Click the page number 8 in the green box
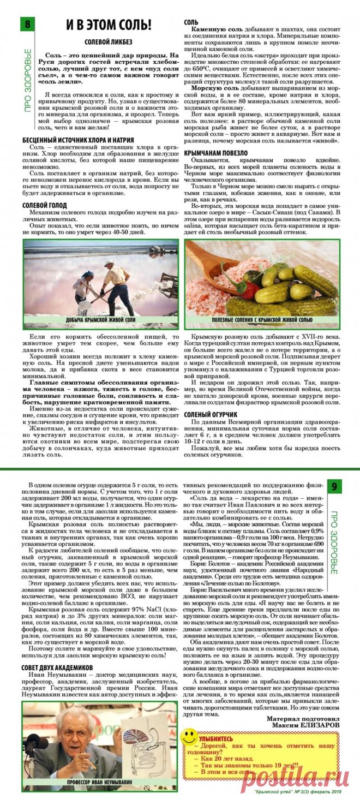point(27,25)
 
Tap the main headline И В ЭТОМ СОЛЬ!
point(109,25)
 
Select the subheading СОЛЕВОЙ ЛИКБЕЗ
point(108,42)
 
